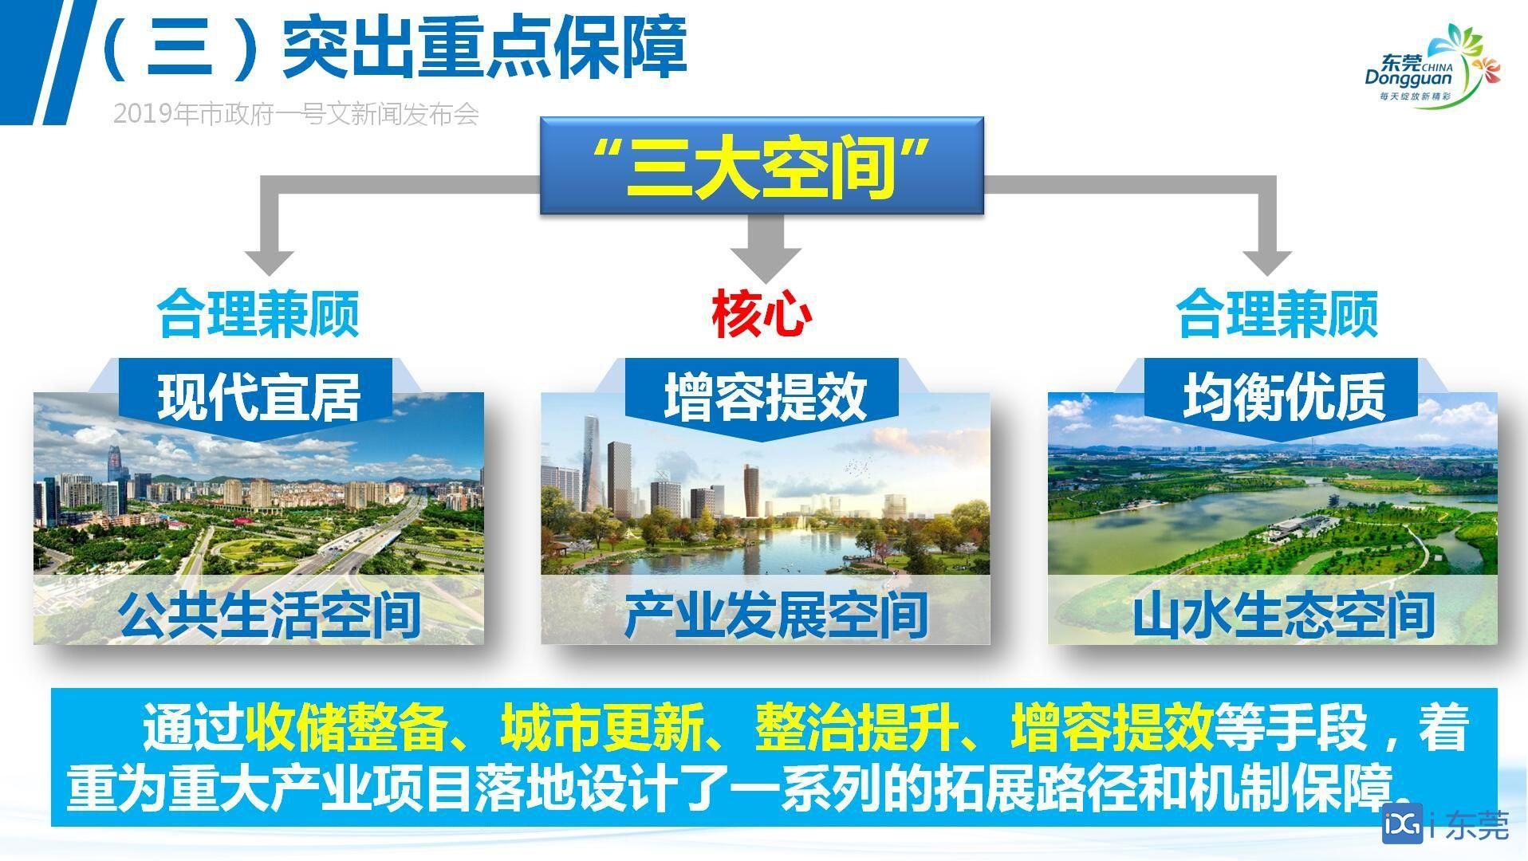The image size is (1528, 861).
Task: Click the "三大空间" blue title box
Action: point(762,166)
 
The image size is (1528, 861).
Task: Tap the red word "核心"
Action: point(762,313)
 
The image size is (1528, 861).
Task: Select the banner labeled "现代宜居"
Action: point(258,398)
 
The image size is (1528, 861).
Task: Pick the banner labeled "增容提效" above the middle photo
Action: point(762,398)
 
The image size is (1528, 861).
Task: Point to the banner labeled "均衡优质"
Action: point(1282,398)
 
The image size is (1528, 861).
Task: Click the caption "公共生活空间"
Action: point(270,615)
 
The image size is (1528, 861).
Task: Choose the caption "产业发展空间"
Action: point(776,615)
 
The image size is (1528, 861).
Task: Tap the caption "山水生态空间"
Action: point(1283,615)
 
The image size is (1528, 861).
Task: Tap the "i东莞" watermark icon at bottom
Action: point(1445,827)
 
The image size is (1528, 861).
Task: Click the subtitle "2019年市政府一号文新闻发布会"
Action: point(296,114)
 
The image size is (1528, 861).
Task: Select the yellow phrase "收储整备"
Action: point(347,726)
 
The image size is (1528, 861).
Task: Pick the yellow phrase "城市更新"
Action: point(602,726)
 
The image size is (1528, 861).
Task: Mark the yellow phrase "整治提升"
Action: point(857,726)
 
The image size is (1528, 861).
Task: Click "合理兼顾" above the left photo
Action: point(258,313)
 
